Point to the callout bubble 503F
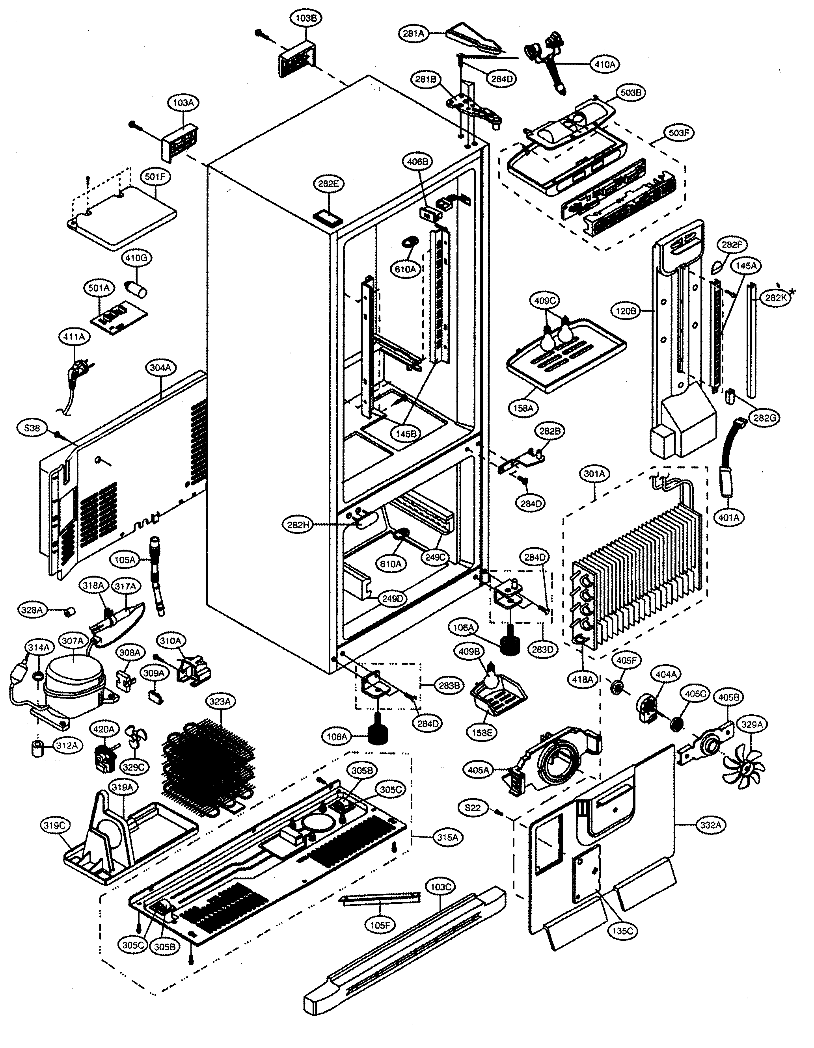click(679, 133)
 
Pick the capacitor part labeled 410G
click(136, 289)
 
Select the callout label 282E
click(328, 184)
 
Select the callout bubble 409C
click(545, 301)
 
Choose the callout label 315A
click(447, 837)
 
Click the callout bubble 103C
click(440, 887)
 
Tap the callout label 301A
click(594, 474)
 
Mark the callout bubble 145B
click(406, 433)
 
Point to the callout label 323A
click(220, 702)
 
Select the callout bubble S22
click(473, 808)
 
